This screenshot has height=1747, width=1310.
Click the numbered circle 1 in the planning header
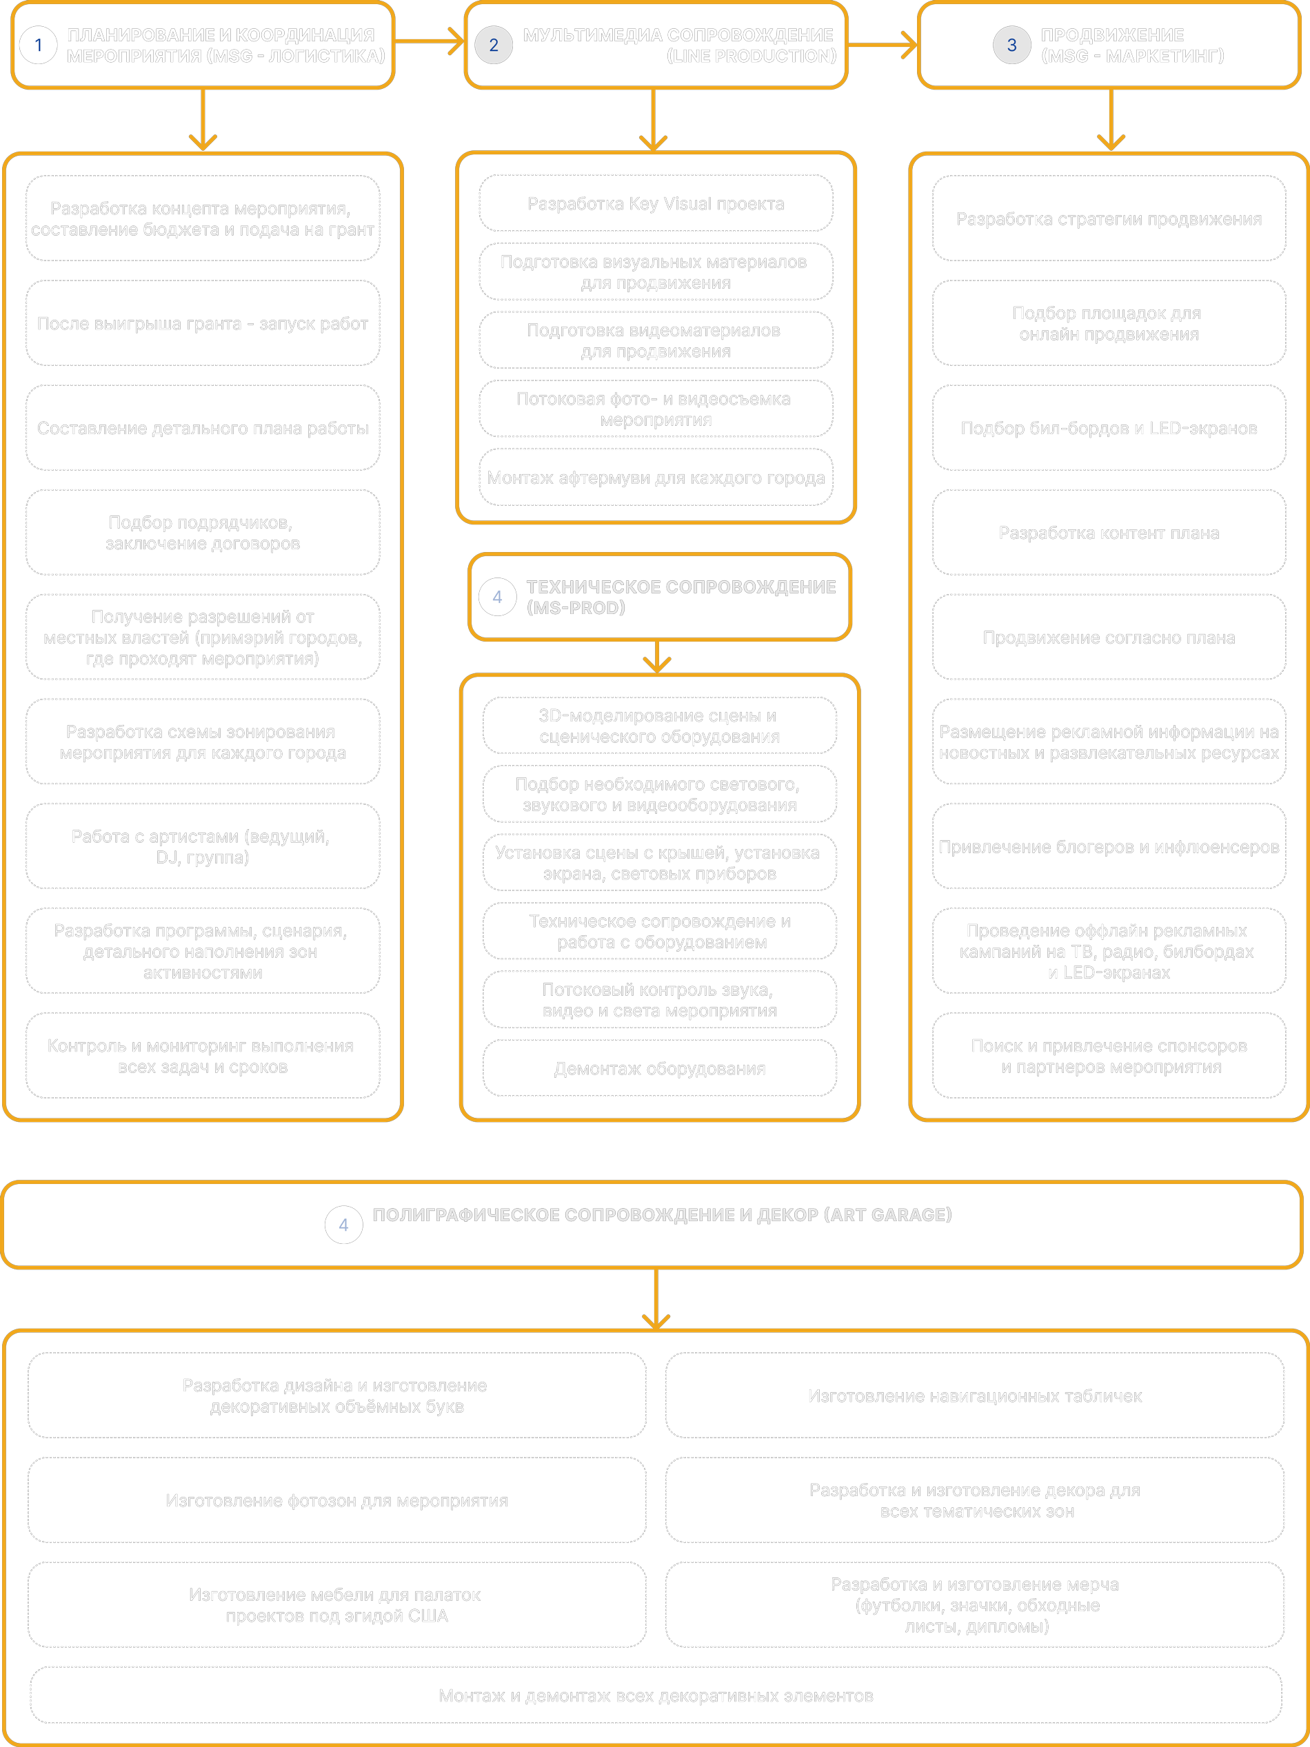pyautogui.click(x=38, y=45)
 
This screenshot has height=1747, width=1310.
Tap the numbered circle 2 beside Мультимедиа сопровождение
pyautogui.click(x=494, y=45)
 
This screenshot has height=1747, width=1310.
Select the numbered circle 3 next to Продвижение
pyautogui.click(x=1011, y=45)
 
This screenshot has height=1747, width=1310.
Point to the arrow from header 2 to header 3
pyautogui.click(x=882, y=45)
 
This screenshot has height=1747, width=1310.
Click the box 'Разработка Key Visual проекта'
pyautogui.click(x=656, y=204)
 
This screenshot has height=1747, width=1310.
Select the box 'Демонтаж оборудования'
pyautogui.click(x=659, y=1069)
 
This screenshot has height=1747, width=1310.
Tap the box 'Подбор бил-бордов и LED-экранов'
pyautogui.click(x=1109, y=428)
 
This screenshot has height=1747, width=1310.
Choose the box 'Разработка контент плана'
pyautogui.click(x=1109, y=533)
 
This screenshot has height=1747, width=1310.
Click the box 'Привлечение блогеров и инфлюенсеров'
pyautogui.click(x=1109, y=847)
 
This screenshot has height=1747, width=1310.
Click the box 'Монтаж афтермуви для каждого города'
pyautogui.click(x=656, y=478)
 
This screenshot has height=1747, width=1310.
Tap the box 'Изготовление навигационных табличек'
pyautogui.click(x=974, y=1396)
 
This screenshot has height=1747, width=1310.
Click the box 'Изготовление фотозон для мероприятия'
pyautogui.click(x=336, y=1500)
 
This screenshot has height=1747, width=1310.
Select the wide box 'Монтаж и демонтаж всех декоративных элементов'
pyautogui.click(x=656, y=1696)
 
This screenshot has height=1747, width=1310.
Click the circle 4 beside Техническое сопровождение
pyautogui.click(x=497, y=597)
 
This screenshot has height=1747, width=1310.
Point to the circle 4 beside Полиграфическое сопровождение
pyautogui.click(x=343, y=1225)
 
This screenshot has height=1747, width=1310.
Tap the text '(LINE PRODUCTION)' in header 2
pyautogui.click(x=751, y=56)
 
